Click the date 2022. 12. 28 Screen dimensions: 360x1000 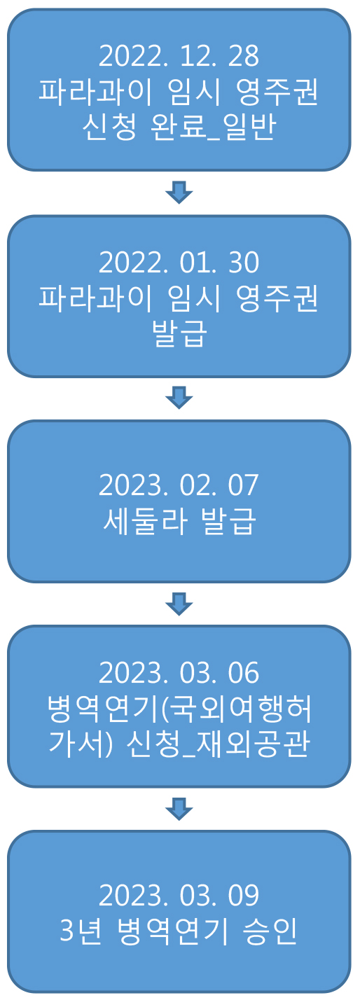pyautogui.click(x=179, y=56)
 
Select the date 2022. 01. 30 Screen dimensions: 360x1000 pyautogui.click(x=179, y=262)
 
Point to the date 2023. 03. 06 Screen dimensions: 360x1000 pyautogui.click(x=179, y=673)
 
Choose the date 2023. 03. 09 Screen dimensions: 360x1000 pyautogui.click(x=179, y=896)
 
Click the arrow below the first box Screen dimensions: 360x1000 pyautogui.click(x=179, y=193)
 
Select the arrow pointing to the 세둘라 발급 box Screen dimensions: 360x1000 pyautogui.click(x=179, y=397)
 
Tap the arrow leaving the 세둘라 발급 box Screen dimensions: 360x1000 pyautogui.click(x=179, y=604)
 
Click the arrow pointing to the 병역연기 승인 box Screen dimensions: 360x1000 pyautogui.click(x=179, y=809)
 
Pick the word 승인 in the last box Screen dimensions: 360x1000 pyautogui.click(x=270, y=931)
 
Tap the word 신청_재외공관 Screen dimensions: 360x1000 pyautogui.click(x=218, y=744)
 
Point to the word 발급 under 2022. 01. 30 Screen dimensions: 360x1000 pyautogui.click(x=179, y=334)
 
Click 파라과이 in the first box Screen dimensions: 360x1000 pyautogui.click(x=96, y=92)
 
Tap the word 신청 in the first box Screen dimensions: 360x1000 pyautogui.click(x=109, y=127)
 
